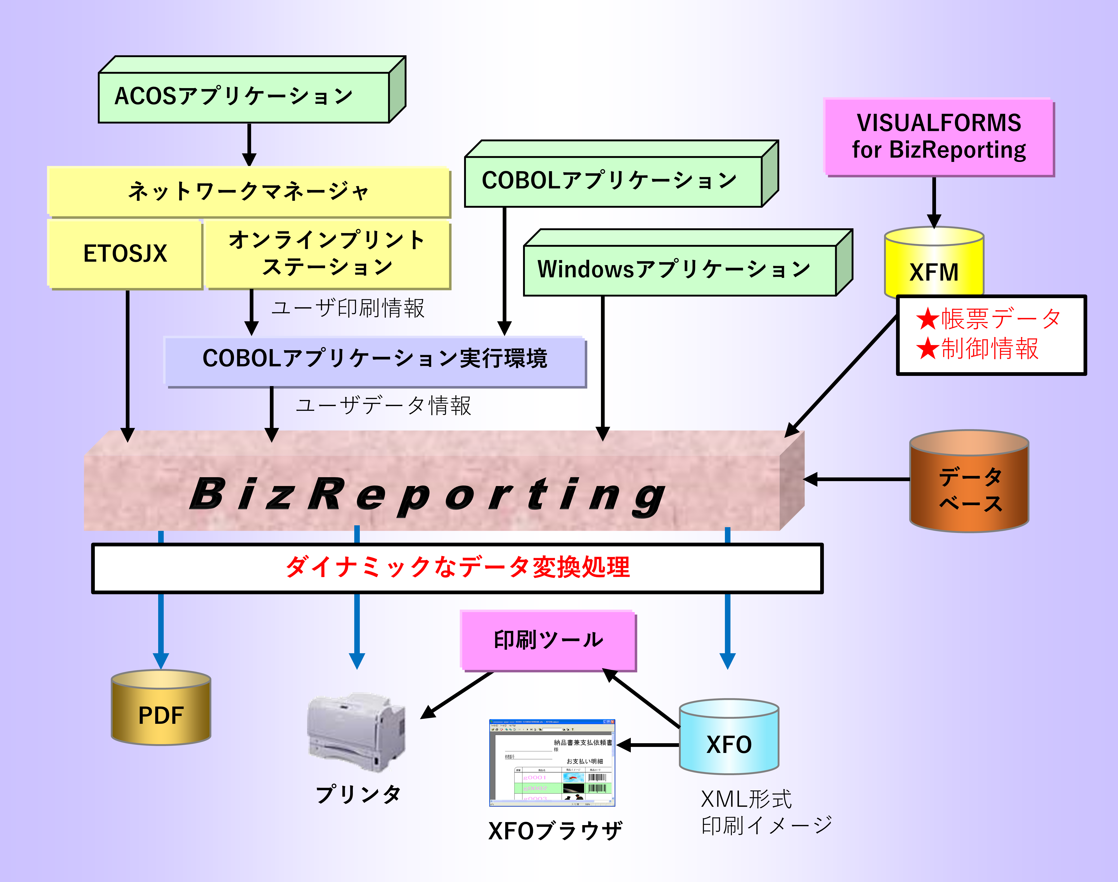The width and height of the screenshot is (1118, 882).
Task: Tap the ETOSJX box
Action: click(x=125, y=254)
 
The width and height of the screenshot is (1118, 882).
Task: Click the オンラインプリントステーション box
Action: click(x=327, y=254)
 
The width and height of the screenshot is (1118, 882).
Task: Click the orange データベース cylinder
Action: click(x=969, y=488)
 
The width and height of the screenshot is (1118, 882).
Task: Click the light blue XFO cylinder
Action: click(x=729, y=744)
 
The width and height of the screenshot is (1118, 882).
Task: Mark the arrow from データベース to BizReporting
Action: click(x=857, y=479)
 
